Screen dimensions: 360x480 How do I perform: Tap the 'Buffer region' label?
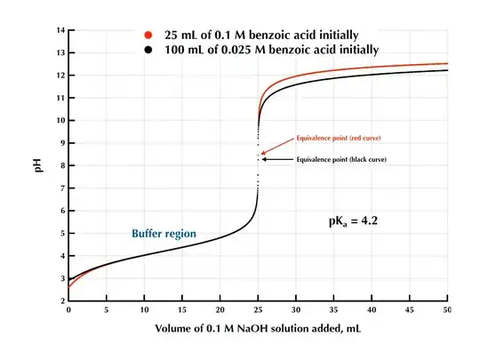coord(164,234)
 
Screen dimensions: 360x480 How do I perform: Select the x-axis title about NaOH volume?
coord(259,331)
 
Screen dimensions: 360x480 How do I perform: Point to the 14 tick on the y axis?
coord(60,31)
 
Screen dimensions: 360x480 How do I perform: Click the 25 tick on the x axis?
coord(258,310)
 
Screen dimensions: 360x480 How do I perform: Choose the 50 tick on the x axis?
coord(447,310)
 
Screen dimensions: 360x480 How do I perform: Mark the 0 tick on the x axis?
coord(68,310)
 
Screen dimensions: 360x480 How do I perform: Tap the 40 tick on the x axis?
coord(372,310)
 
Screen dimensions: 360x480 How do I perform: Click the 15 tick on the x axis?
coord(182,310)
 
